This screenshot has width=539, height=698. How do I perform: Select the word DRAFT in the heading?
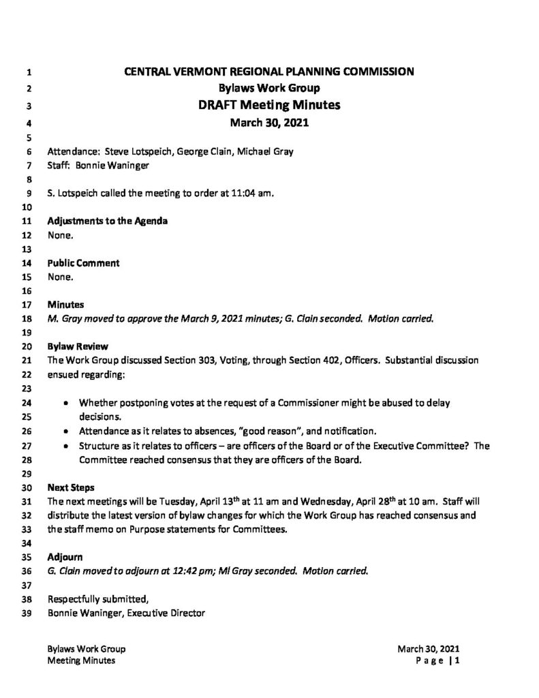click(202, 106)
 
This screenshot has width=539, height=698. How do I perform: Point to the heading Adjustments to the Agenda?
click(108, 221)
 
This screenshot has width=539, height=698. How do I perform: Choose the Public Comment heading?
click(84, 262)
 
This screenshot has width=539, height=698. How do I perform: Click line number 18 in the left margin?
click(27, 319)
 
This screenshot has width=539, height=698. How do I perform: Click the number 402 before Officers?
click(315, 359)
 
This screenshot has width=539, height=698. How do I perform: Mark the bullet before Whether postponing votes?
click(65, 404)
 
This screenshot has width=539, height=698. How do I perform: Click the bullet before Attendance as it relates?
click(65, 431)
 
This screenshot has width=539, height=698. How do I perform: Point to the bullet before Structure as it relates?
click(65, 446)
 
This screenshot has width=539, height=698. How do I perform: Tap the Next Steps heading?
click(72, 488)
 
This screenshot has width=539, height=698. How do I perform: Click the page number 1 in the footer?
click(461, 661)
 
